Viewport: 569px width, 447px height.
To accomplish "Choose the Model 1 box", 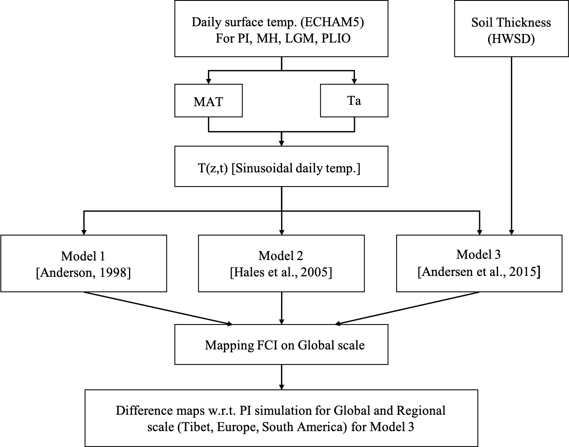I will tap(83, 263).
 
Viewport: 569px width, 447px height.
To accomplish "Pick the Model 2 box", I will tap(281, 263).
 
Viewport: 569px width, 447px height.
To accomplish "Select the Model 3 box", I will tap(479, 263).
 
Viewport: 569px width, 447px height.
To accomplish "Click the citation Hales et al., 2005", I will tap(281, 272).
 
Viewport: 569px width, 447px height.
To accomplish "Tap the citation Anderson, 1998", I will tap(83, 272).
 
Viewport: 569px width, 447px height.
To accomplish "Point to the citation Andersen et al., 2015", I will tap(479, 272).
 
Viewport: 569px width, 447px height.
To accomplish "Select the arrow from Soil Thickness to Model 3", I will tap(511, 146).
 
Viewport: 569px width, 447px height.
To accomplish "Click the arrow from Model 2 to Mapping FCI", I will tap(281, 308).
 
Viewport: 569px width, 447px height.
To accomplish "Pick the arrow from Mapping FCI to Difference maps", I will tap(281, 377).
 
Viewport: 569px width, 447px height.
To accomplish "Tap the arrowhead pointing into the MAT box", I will tap(208, 81).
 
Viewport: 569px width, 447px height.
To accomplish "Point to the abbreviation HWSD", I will tap(511, 39).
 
